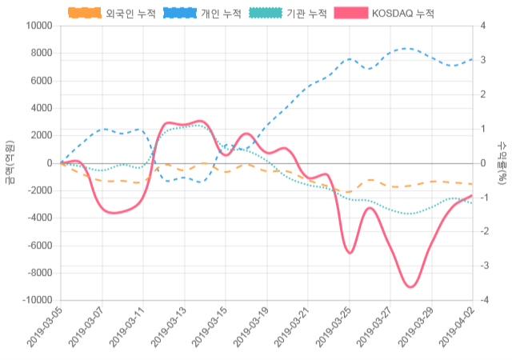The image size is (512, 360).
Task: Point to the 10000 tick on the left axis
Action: click(38, 26)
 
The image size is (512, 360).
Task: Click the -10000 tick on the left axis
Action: click(37, 300)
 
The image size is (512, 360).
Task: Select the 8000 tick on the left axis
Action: click(41, 54)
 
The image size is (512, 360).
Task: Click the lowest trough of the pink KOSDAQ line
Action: click(410, 286)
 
